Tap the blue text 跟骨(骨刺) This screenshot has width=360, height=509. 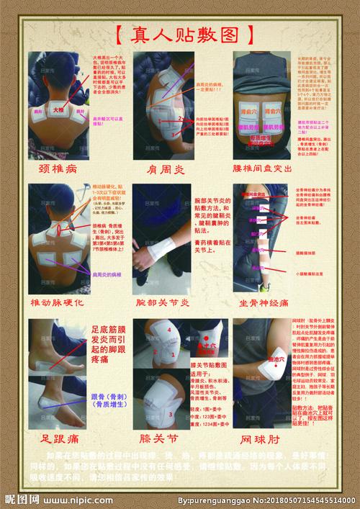point(108,400)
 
